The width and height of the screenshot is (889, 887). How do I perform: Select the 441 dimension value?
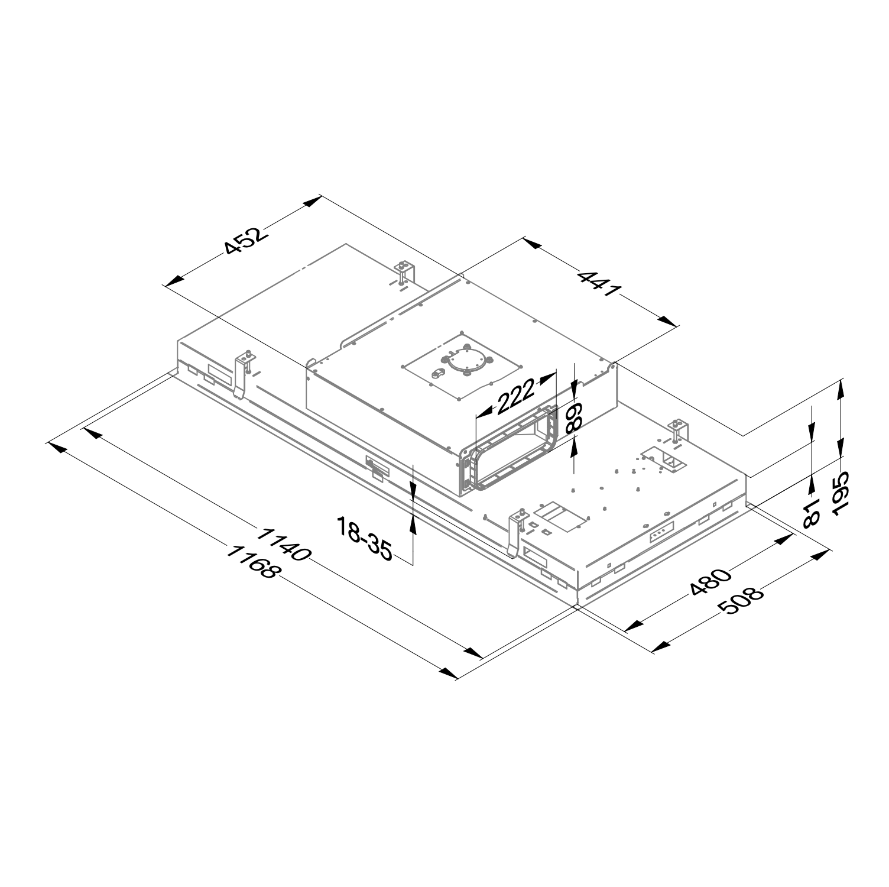coord(599,284)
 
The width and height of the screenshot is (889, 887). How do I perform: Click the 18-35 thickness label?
coord(364,538)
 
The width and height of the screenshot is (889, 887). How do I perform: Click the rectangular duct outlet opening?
coord(514,450)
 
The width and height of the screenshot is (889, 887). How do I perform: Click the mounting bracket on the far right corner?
coord(678,430)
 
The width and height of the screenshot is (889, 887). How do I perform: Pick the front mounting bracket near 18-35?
coord(517,530)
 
